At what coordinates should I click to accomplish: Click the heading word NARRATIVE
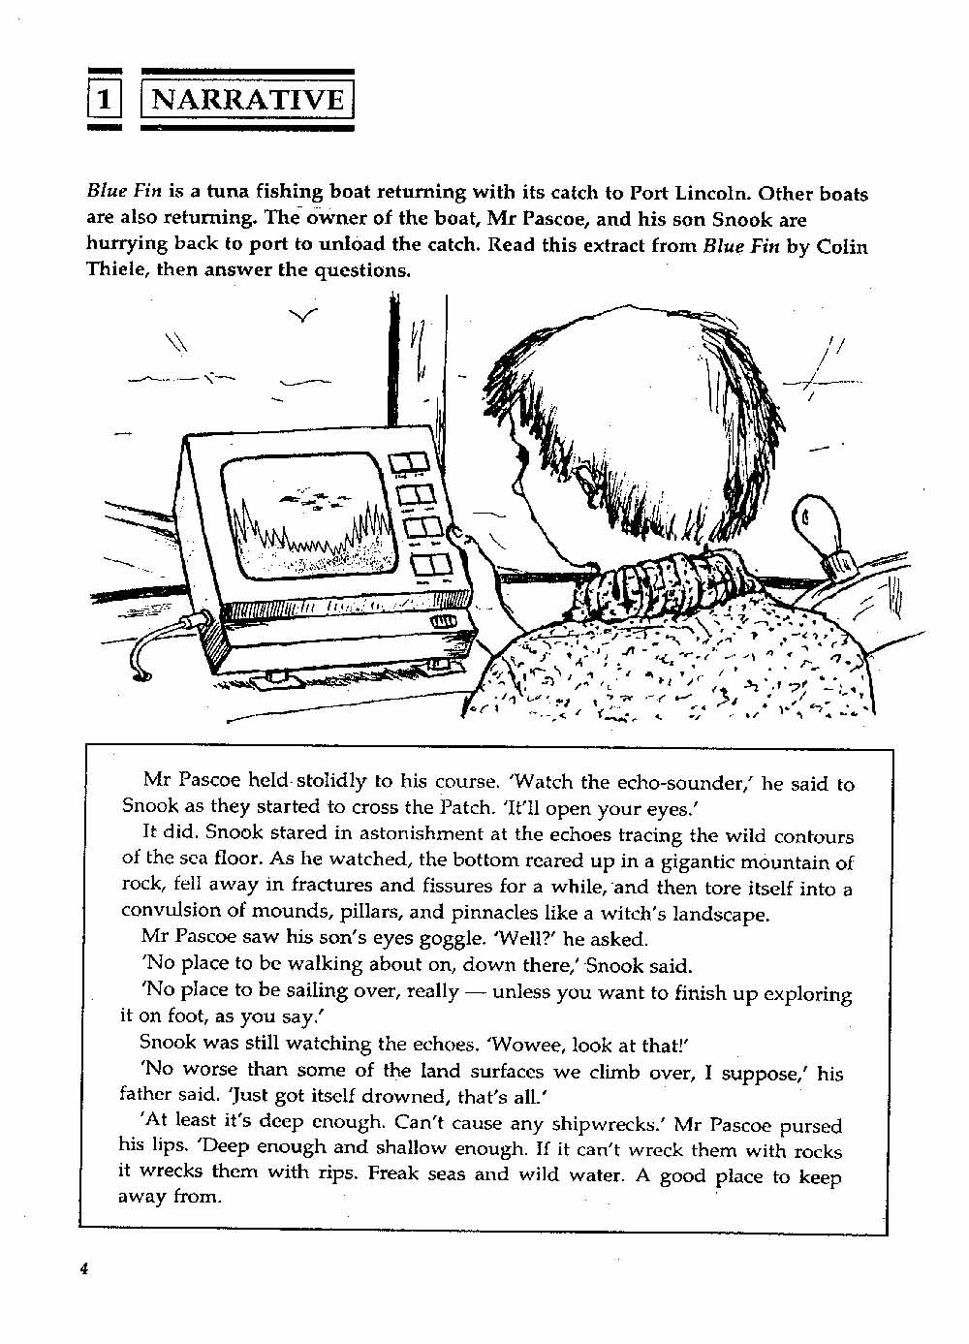[249, 99]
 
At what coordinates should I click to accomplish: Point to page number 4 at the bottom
[85, 1270]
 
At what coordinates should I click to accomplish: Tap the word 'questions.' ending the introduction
[361, 270]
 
